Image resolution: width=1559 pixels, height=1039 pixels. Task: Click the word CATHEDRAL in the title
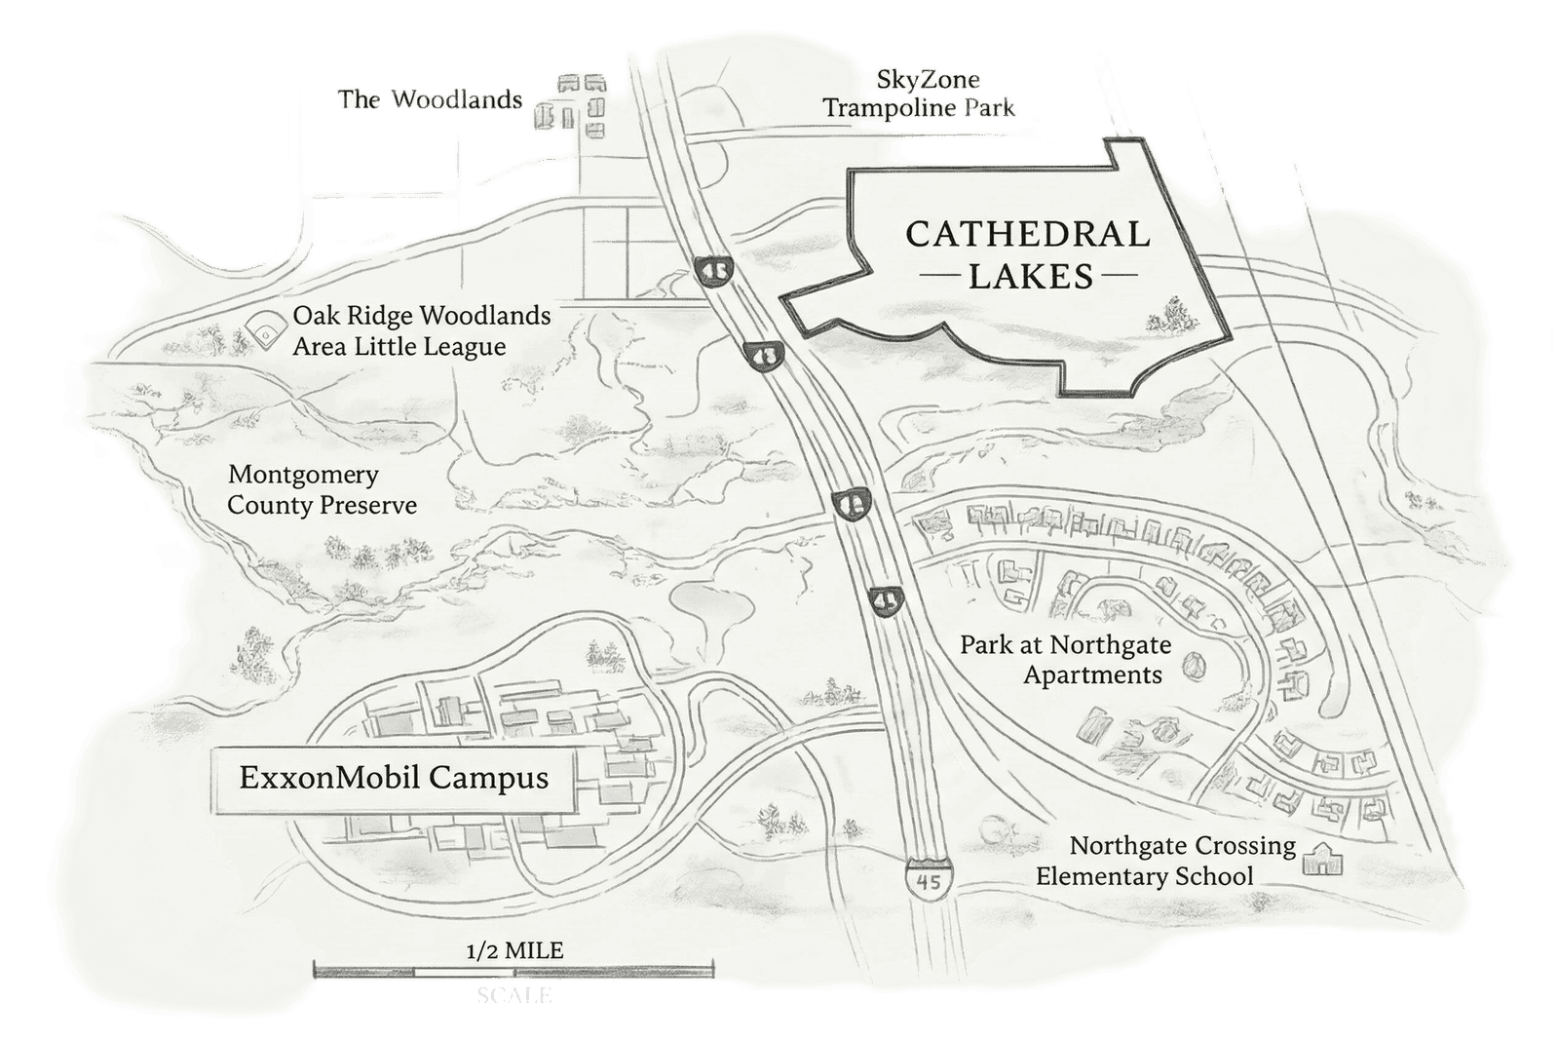(x=1028, y=235)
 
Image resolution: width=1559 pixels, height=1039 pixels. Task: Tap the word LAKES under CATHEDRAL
(x=1029, y=277)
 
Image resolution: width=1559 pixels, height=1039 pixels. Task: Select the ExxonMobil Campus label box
(x=395, y=780)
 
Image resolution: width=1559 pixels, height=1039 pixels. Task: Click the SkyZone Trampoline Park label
(x=920, y=95)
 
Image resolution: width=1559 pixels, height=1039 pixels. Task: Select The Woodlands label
(x=430, y=99)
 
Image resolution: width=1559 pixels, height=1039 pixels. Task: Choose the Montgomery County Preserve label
(x=322, y=490)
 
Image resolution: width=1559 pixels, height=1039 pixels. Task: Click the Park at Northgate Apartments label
(x=1066, y=660)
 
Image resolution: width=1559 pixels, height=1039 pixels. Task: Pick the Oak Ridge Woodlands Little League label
(x=421, y=331)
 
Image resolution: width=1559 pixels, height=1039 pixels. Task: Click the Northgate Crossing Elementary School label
(x=1164, y=861)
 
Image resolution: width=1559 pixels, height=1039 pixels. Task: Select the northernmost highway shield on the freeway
(x=711, y=267)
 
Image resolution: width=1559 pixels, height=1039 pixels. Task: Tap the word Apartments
(x=1092, y=674)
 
